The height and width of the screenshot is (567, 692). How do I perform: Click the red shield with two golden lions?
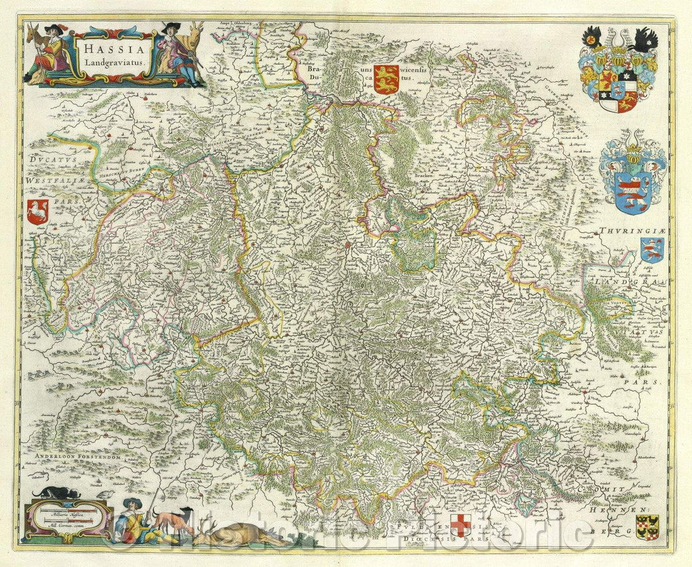click(386, 79)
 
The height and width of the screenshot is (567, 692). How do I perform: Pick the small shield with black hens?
click(647, 527)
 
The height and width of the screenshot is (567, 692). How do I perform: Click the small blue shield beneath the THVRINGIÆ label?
click(652, 250)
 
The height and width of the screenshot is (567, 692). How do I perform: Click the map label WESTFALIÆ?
click(46, 182)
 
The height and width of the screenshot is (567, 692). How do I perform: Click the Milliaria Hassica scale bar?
click(67, 515)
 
